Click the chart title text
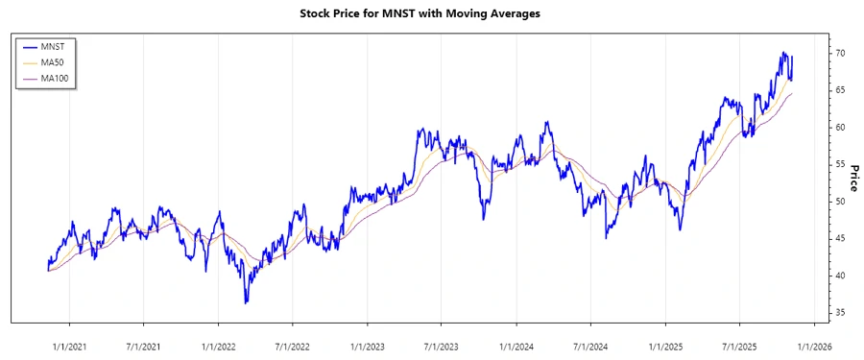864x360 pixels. (x=432, y=14)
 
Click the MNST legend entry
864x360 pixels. (x=65, y=45)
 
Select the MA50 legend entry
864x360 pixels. (x=65, y=61)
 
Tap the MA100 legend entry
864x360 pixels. (x=67, y=78)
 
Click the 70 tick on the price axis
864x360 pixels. (x=840, y=53)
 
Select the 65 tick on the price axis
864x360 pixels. (x=840, y=90)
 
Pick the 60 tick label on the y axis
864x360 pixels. (x=840, y=127)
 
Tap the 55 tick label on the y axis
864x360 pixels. (x=840, y=164)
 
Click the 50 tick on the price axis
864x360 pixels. (x=840, y=202)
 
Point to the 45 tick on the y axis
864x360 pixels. (x=840, y=238)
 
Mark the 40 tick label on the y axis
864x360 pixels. (x=840, y=276)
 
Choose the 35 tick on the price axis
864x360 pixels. (x=840, y=313)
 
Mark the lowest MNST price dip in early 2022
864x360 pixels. (x=246, y=303)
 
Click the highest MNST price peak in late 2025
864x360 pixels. (x=783, y=53)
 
